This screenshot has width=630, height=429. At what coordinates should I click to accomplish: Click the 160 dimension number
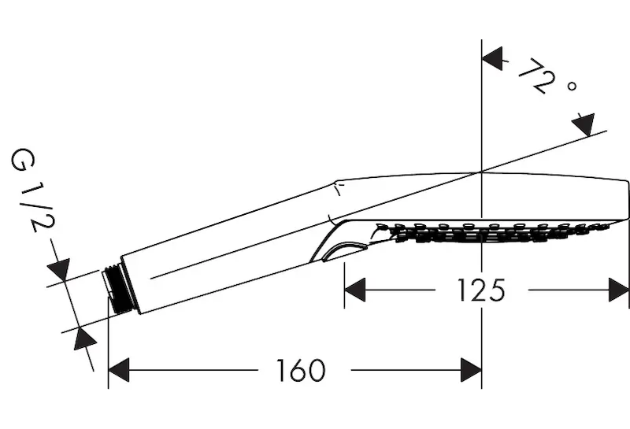302,370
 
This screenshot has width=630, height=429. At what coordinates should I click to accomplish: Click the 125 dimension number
481,290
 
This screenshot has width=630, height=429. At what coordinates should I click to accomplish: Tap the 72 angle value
537,76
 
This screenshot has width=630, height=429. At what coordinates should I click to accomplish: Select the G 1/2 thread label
31,190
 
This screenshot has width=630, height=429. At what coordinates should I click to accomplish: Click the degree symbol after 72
573,86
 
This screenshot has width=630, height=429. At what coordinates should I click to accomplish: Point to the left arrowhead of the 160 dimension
119,370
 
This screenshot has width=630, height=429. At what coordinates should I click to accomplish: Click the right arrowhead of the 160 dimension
471,370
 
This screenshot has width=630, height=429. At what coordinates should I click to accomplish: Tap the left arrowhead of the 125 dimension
355,290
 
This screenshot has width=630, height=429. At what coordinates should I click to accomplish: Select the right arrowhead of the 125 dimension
619,290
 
